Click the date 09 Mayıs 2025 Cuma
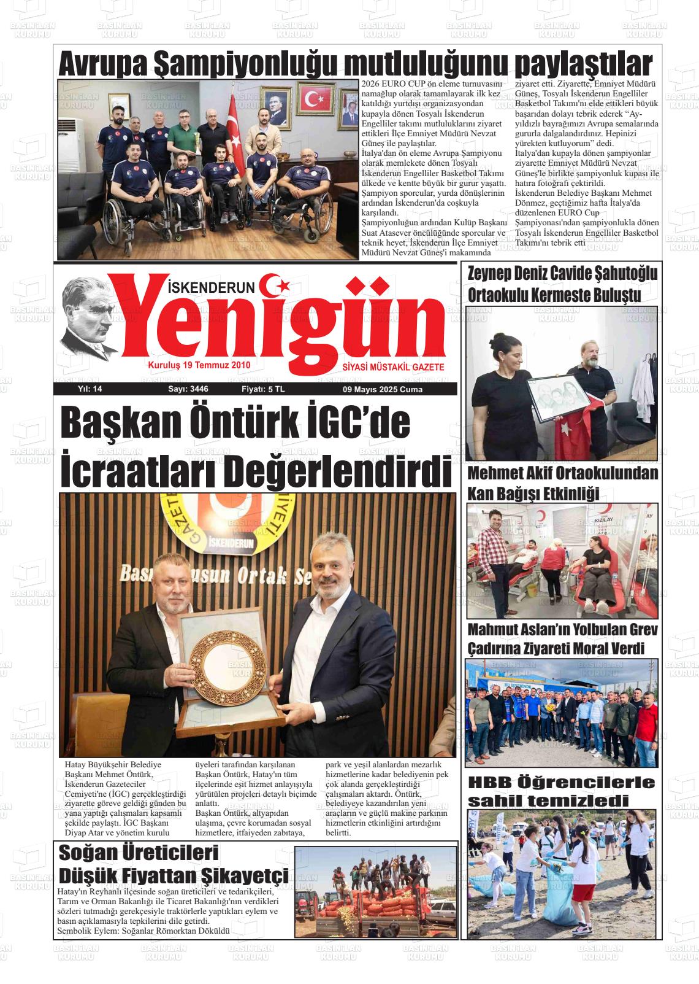(x=382, y=389)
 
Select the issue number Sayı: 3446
(x=188, y=389)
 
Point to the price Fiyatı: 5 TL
(x=263, y=389)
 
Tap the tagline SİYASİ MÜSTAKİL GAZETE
(x=393, y=366)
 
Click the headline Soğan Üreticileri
(x=139, y=853)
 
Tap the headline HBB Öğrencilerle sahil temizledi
(x=561, y=791)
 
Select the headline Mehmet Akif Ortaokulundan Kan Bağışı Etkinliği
(x=562, y=483)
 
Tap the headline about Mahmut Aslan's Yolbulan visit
(x=562, y=639)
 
